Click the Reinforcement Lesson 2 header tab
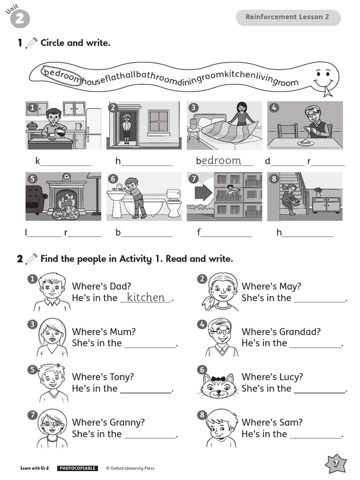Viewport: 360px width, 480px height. coord(287,17)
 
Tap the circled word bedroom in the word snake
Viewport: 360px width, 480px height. coord(61,75)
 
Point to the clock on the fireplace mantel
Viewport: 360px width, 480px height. coord(67,177)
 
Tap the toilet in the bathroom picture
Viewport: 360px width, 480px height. coord(173,202)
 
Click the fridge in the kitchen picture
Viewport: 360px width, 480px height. coord(93,128)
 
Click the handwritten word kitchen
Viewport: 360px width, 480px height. coord(146,297)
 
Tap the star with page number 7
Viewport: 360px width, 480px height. coord(336,464)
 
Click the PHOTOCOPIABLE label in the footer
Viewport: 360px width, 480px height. coord(77,468)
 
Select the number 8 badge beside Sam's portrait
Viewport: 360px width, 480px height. coord(202,415)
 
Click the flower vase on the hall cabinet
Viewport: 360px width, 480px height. coord(319,193)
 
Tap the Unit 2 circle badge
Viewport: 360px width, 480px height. coord(20,19)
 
